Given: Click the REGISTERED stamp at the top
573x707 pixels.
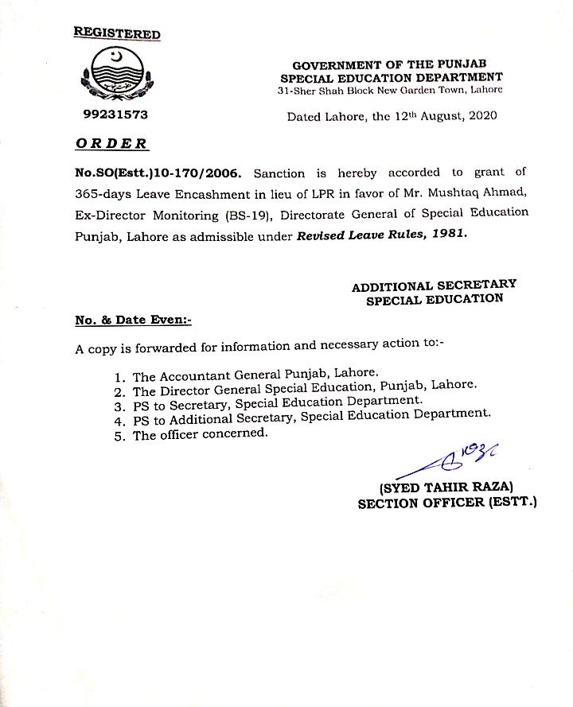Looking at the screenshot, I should tap(117, 33).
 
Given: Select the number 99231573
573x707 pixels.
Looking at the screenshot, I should tap(115, 115).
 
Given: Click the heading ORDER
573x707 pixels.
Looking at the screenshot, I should tap(111, 144).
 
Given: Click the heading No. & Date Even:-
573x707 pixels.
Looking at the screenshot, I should tap(134, 320).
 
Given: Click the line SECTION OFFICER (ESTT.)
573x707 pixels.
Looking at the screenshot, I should tap(447, 503).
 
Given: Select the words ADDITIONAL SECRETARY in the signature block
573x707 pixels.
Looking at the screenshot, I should tap(434, 285).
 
